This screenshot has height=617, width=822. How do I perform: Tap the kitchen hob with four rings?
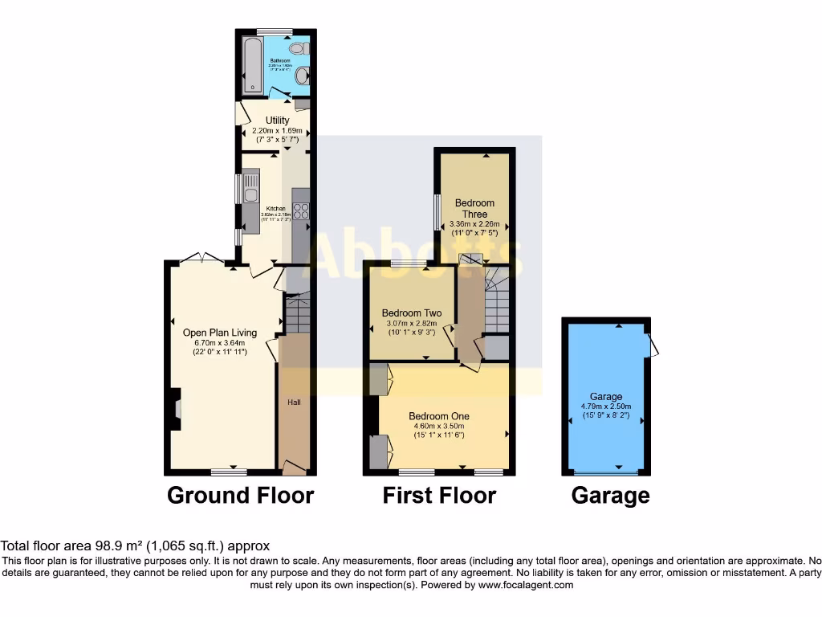coord(301,211)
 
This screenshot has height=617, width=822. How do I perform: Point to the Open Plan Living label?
coord(220,333)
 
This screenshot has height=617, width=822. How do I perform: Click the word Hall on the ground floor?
coord(294,402)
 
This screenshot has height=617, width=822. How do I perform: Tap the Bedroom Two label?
coord(411,313)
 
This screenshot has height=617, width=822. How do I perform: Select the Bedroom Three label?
coord(474,208)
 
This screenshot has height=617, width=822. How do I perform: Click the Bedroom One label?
coord(438,416)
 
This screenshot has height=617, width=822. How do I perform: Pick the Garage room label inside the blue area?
coord(606,397)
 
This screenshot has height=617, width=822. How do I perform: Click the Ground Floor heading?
coord(240,496)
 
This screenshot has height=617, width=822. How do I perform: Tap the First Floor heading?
coord(439,496)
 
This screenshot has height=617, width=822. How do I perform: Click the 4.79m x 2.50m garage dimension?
coord(606,407)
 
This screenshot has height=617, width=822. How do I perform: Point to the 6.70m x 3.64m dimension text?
coord(220,343)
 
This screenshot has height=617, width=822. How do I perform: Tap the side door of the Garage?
coord(653,345)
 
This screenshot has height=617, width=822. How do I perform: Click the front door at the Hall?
coord(294,467)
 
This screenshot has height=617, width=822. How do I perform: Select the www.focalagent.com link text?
coord(525,585)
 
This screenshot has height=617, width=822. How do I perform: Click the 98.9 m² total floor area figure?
coord(108,545)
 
